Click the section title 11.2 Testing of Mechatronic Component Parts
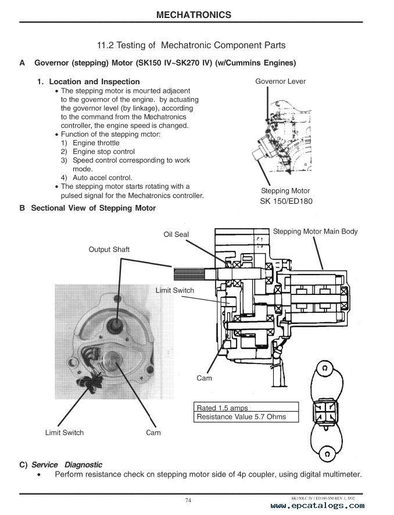pyautogui.click(x=191, y=45)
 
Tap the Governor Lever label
pyautogui.click(x=280, y=81)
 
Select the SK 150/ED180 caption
pyautogui.click(x=286, y=201)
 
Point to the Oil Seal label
pyautogui.click(x=176, y=235)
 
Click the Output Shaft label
pyautogui.click(x=109, y=250)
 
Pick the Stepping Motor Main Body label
pyautogui.click(x=315, y=232)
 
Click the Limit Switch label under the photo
pyautogui.click(x=65, y=433)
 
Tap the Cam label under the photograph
pyautogui.click(x=153, y=433)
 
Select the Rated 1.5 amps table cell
pyautogui.click(x=222, y=408)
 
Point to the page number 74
pyautogui.click(x=188, y=500)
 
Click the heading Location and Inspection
pyautogui.click(x=94, y=82)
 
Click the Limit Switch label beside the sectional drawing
pyautogui.click(x=175, y=290)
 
